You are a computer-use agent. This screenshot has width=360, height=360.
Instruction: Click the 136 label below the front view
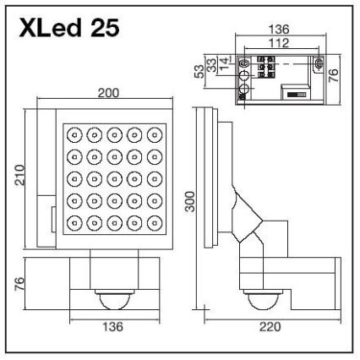(113, 326)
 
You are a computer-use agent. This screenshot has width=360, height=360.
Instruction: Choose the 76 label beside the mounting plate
(336, 77)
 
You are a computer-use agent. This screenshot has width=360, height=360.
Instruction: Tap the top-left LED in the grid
(74, 134)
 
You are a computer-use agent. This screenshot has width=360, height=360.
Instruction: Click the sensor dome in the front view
(113, 297)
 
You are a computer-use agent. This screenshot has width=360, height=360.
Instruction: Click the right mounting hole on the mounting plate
(318, 62)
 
